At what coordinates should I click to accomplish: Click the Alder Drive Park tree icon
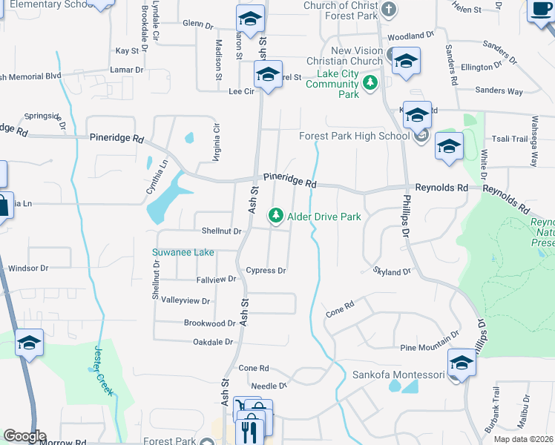click(x=276, y=215)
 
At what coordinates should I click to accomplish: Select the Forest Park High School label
click(x=354, y=136)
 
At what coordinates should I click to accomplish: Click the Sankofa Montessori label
click(x=398, y=375)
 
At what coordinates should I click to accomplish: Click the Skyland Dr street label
click(x=392, y=272)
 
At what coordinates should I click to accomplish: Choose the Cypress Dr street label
click(x=266, y=271)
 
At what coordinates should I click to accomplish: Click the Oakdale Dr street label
click(x=213, y=342)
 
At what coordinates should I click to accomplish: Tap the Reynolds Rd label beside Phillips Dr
click(x=441, y=188)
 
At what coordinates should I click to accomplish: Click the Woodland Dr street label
click(x=410, y=36)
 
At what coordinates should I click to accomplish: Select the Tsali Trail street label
click(x=509, y=139)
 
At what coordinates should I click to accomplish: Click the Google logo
click(x=25, y=436)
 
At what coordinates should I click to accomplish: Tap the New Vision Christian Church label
click(x=358, y=56)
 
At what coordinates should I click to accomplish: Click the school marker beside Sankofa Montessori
click(x=462, y=363)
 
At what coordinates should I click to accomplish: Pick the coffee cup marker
click(x=540, y=10)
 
